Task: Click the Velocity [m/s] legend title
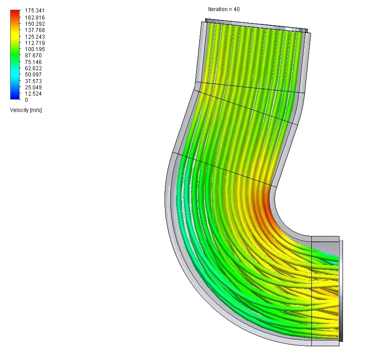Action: point(26,110)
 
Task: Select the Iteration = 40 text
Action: point(224,9)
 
